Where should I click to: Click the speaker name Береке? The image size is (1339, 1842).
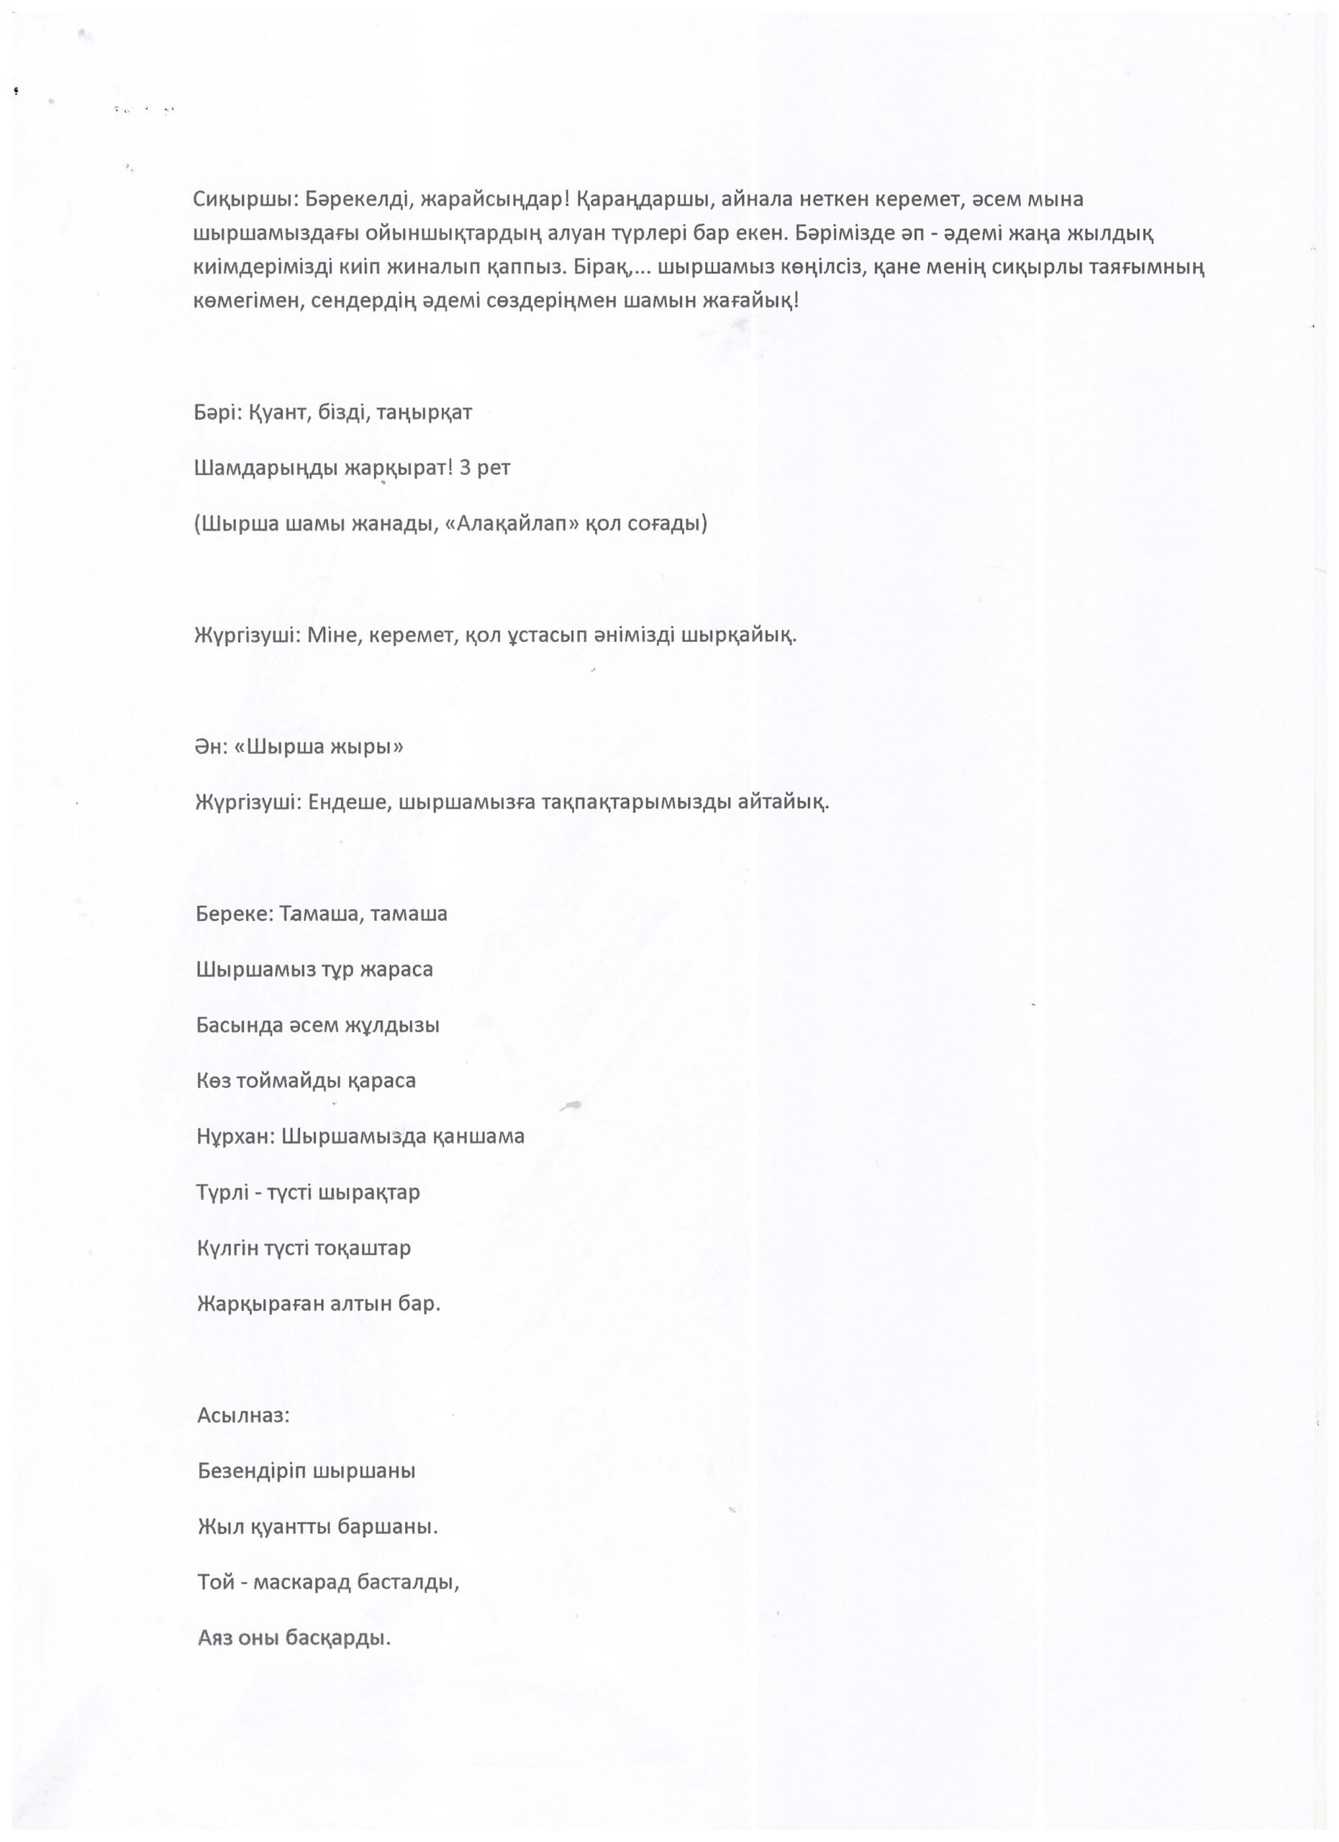234,914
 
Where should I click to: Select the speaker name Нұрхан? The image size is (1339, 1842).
235,1136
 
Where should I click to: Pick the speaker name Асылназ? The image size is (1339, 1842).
242,1415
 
